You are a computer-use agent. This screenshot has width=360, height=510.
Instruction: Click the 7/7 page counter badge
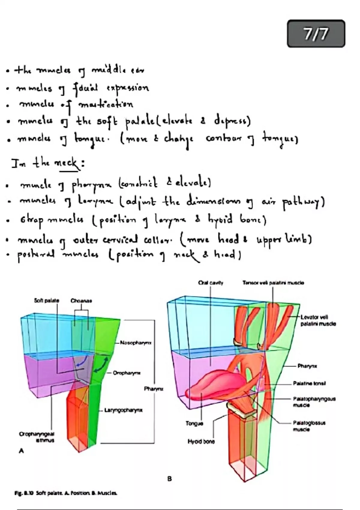pos(316,34)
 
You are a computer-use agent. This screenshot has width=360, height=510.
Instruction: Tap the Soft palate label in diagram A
pos(46,300)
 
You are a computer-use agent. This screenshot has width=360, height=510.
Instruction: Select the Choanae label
pos(81,301)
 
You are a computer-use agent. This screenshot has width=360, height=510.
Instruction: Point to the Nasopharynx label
pos(136,342)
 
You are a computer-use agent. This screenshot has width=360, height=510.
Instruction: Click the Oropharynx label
pos(127,373)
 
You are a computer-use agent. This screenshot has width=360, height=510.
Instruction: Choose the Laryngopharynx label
pos(123,410)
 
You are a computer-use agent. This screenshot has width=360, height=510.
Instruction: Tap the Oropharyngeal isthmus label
pos(37,437)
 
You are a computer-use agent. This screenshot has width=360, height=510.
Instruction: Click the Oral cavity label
pos(211,283)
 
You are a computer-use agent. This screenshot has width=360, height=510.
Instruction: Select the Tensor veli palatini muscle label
pos(273,283)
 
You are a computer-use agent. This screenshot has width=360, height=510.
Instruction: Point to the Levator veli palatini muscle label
pos(318,320)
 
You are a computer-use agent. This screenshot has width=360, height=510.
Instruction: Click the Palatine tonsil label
pos(309,383)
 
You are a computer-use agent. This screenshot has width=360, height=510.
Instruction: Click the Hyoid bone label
pos(201,442)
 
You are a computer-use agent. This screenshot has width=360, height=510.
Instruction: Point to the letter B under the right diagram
pos(169,479)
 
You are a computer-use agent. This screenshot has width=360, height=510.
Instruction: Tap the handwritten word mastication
pos(105,104)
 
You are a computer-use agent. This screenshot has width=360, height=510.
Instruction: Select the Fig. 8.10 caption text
pos(66,493)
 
